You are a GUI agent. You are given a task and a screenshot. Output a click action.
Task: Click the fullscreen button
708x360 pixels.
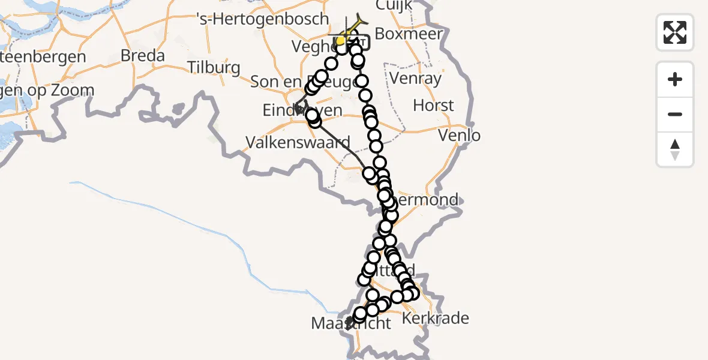click(x=675, y=32)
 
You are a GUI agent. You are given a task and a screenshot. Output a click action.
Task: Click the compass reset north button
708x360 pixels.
click(x=675, y=149)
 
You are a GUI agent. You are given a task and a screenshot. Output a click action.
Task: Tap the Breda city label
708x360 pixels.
click(x=142, y=56)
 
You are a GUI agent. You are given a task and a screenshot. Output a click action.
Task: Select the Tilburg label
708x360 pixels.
click(x=214, y=67)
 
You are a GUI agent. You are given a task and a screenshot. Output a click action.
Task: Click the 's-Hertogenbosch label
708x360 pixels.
click(x=263, y=19)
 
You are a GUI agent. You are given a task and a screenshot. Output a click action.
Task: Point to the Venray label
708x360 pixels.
click(x=415, y=78)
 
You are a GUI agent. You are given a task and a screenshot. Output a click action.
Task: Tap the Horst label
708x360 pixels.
click(x=433, y=106)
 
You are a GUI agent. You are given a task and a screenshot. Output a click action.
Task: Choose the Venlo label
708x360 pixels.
click(x=459, y=136)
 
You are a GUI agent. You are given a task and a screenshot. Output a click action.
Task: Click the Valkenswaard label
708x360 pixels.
click(x=298, y=143)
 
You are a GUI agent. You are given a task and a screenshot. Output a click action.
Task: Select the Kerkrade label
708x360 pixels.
click(x=436, y=318)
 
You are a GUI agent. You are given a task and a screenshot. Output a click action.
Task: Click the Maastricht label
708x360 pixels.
click(x=351, y=324)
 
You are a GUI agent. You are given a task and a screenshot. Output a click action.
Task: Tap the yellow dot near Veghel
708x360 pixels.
click(x=340, y=41)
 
